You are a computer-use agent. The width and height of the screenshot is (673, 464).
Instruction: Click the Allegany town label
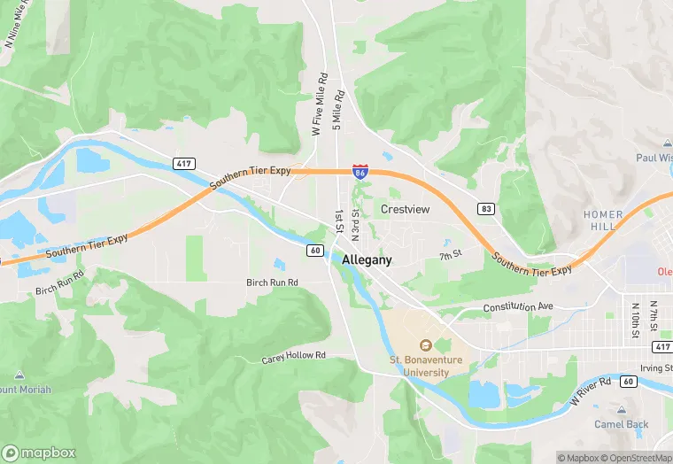pyautogui.click(x=367, y=261)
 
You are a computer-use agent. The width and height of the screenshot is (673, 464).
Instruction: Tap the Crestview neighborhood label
pyautogui.click(x=405, y=209)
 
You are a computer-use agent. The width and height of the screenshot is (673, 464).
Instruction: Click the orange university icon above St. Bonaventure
pyautogui.click(x=424, y=345)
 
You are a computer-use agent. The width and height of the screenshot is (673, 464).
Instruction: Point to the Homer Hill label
pyautogui.click(x=603, y=220)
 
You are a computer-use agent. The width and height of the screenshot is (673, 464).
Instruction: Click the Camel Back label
pyautogui.click(x=621, y=424)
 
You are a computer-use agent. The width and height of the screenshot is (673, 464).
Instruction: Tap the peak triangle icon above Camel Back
pyautogui.click(x=621, y=411)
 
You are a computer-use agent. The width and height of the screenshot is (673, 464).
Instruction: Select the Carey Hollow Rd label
pyautogui.click(x=294, y=357)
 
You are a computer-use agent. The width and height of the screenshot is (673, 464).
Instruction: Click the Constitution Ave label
pyautogui.click(x=518, y=307)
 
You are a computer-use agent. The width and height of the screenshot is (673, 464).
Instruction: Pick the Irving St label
pyautogui.click(x=656, y=367)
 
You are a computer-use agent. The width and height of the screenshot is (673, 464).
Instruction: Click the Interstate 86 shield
pyautogui.click(x=360, y=171)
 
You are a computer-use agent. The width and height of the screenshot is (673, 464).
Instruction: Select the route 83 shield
pyautogui.click(x=486, y=209)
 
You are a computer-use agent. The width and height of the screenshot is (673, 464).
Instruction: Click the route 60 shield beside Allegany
pyautogui.click(x=315, y=251)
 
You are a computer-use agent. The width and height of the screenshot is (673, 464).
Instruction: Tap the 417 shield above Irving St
pyautogui.click(x=661, y=346)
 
